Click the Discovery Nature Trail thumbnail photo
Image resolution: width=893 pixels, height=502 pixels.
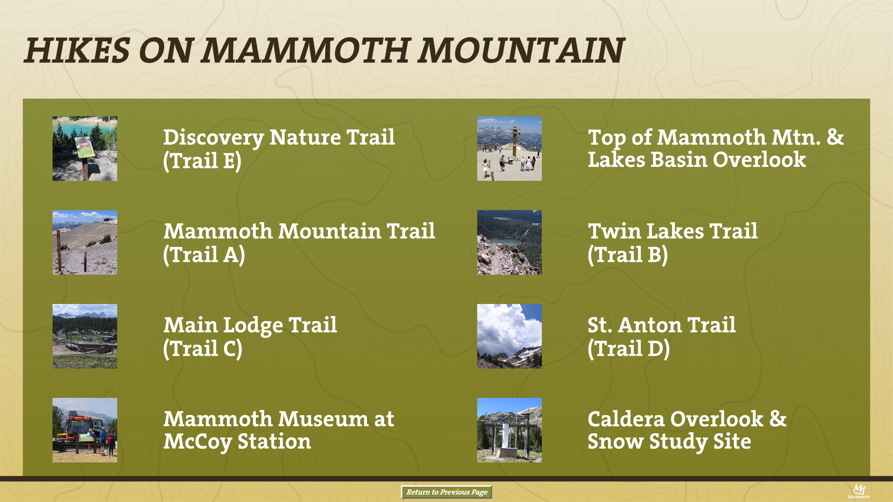coord(85,148)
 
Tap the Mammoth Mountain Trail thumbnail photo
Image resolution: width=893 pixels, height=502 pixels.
coord(85,242)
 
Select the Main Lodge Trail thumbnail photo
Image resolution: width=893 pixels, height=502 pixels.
coord(85,336)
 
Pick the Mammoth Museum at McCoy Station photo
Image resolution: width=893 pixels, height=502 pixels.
coord(85,430)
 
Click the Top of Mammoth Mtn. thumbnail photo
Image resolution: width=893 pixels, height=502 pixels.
coord(509,148)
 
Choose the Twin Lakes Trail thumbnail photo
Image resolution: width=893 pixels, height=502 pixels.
coord(509,242)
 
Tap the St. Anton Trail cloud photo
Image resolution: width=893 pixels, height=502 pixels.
coord(509,336)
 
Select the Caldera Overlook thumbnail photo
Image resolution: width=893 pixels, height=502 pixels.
coord(509,430)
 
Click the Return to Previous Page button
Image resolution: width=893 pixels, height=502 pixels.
coord(446,492)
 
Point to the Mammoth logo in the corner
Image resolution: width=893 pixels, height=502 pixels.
coord(859,491)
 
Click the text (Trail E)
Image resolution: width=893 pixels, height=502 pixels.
coord(202,161)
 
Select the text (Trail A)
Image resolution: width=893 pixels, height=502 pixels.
coord(204,255)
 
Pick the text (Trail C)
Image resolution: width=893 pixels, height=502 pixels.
coord(203,349)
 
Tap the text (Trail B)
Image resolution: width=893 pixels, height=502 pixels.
coord(628,255)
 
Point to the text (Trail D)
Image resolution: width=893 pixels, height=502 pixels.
coord(629,349)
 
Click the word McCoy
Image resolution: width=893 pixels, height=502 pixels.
coord(197,442)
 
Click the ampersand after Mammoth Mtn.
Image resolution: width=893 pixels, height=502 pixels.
coord(835,138)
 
